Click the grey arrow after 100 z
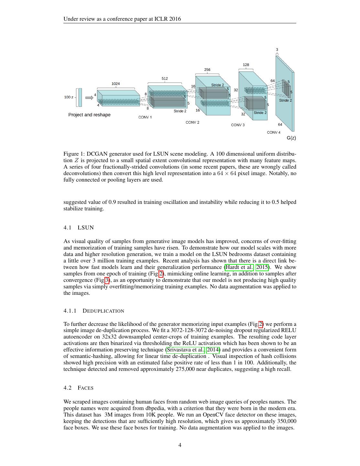tap(89, 97)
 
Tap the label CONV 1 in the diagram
tap(145, 117)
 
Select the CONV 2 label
tap(192, 123)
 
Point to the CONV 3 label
tap(238, 125)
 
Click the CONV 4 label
tap(274, 132)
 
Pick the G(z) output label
tap(291, 138)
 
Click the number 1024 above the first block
tap(115, 84)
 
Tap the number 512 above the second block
tap(165, 79)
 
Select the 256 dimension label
tap(207, 70)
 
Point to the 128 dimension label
tap(246, 65)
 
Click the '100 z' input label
tap(69, 97)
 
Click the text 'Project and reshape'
tap(89, 115)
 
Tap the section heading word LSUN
tap(86, 228)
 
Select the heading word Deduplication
tap(104, 311)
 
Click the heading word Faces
tap(86, 388)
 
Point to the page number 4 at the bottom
tap(180, 445)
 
